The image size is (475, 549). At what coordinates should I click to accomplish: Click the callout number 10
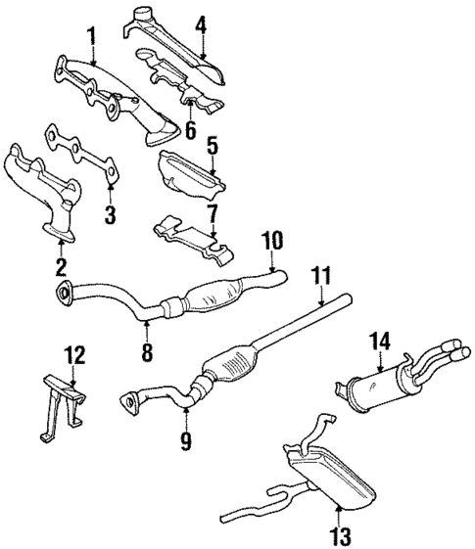[x=271, y=240]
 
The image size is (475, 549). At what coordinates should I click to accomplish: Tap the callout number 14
[x=380, y=341]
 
